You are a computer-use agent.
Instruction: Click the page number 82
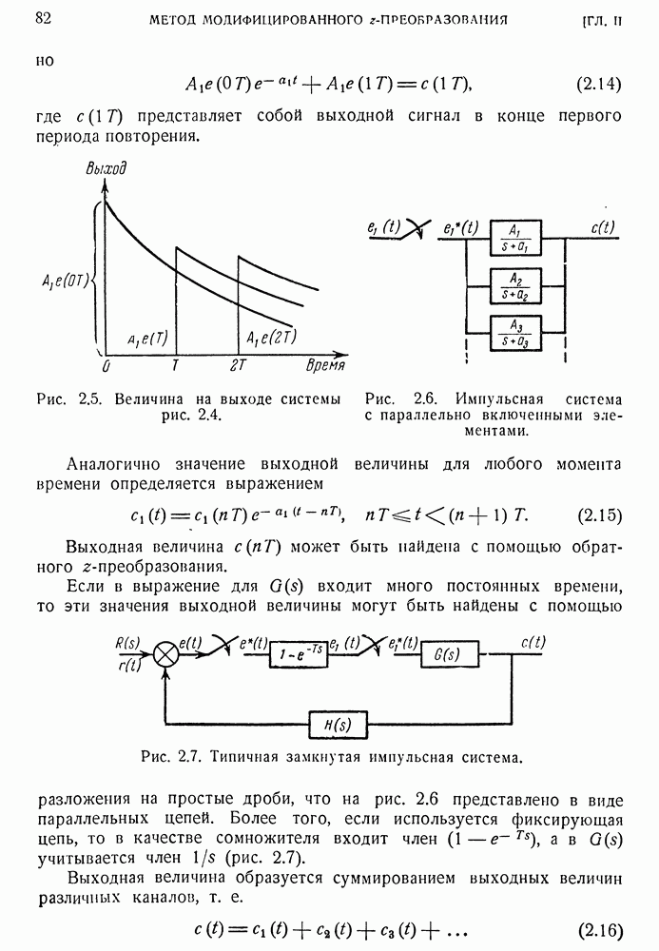[x=42, y=18]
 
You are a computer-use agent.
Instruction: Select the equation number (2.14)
[x=599, y=84]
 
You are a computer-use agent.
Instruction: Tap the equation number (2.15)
[x=599, y=516]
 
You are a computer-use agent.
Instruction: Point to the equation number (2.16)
[x=599, y=928]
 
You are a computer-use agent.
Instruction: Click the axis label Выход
[x=106, y=169]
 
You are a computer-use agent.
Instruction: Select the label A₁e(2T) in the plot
[x=271, y=338]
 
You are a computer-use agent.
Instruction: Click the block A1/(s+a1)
[x=515, y=238]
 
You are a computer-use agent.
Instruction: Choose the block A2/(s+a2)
[x=515, y=285]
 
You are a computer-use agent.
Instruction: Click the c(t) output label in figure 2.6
[x=602, y=227]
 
